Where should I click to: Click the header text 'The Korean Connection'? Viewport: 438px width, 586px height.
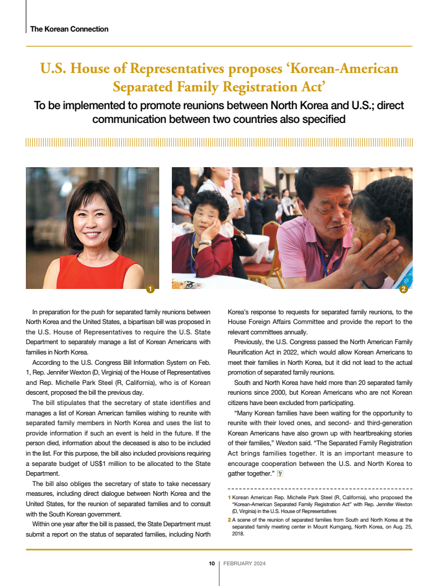69,29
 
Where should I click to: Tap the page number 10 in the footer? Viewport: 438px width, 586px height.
212,564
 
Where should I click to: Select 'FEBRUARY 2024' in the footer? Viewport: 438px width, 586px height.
244,564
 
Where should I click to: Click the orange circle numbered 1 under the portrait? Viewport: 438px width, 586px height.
150,289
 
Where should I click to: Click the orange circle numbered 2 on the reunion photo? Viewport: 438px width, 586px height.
404,289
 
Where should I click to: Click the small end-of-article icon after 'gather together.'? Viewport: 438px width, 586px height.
279,473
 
